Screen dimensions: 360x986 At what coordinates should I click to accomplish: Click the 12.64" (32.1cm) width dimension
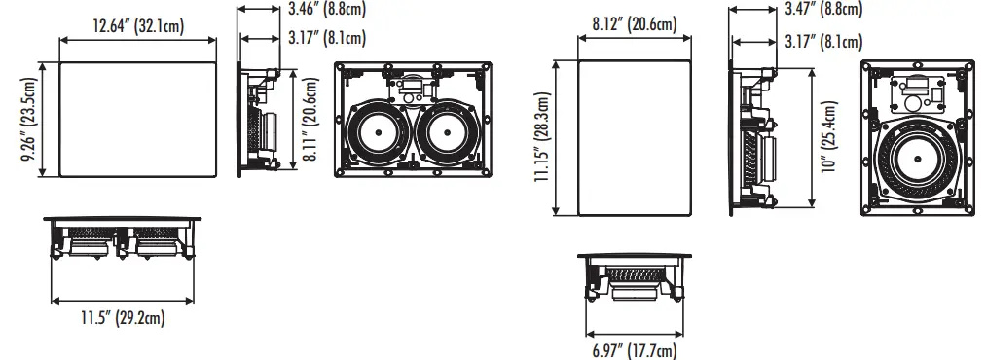(x=137, y=26)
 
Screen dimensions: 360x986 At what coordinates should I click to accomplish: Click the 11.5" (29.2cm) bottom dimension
(x=123, y=317)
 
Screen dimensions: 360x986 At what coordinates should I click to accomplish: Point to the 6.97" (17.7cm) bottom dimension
(x=633, y=349)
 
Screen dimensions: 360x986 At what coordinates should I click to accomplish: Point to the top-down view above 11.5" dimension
(x=123, y=239)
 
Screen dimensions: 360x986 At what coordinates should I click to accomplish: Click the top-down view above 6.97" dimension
(x=633, y=276)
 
